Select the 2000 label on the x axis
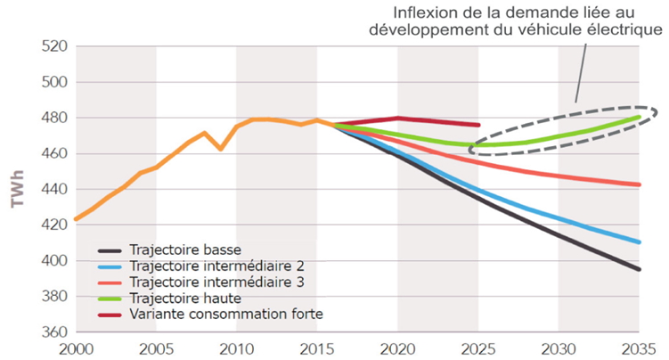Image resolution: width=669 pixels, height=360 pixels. [76, 348]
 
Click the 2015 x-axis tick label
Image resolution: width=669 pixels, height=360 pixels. [316, 348]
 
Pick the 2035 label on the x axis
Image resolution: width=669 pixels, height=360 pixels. [638, 348]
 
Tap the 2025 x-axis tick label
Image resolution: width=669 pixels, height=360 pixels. [477, 348]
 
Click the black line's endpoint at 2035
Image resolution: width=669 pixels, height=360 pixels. [639, 269]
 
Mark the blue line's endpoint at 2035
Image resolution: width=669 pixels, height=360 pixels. [639, 241]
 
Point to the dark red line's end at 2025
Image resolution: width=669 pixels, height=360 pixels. [478, 125]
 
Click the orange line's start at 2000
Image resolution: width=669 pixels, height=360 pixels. [77, 218]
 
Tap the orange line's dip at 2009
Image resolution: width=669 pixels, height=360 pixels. [221, 148]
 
